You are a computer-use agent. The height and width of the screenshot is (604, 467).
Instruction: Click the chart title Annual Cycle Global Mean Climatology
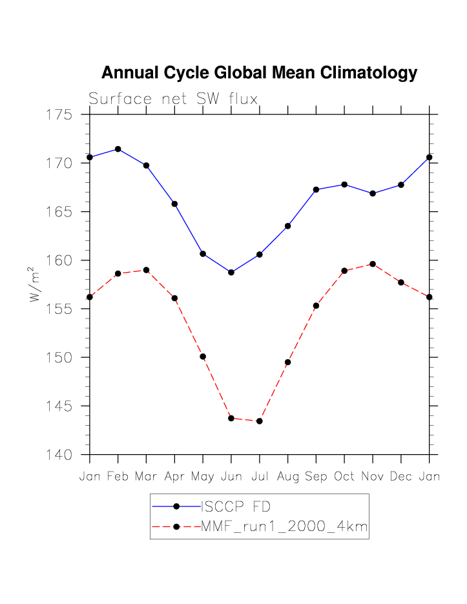(x=259, y=73)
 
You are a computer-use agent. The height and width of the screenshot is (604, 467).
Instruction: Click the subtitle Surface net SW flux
(x=173, y=99)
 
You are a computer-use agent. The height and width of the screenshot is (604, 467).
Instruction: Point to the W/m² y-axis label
(x=35, y=284)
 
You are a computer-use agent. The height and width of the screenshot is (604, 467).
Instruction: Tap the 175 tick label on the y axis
(x=60, y=115)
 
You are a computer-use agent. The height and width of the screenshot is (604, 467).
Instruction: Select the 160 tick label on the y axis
(x=60, y=261)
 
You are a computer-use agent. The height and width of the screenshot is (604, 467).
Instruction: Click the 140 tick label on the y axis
(x=60, y=455)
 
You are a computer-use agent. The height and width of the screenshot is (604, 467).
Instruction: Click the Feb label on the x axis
(x=118, y=477)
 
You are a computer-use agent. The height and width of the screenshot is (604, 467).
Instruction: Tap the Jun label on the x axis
(x=231, y=477)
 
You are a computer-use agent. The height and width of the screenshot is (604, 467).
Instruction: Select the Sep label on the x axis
(x=316, y=477)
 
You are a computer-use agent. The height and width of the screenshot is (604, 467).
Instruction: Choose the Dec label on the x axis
(x=400, y=477)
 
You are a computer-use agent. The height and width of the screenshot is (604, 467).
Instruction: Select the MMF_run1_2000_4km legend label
(x=284, y=526)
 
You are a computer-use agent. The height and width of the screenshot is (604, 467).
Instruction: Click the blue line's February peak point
(x=118, y=149)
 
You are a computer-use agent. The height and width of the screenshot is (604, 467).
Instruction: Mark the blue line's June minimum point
(x=231, y=272)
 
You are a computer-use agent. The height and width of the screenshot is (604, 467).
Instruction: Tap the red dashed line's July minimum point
(x=259, y=421)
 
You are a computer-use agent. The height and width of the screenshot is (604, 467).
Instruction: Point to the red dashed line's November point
(x=373, y=264)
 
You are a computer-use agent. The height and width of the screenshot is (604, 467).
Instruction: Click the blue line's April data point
(x=174, y=204)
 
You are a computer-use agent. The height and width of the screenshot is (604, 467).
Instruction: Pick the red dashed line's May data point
(x=203, y=357)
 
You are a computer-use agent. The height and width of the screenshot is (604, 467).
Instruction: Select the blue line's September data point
(x=316, y=189)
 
